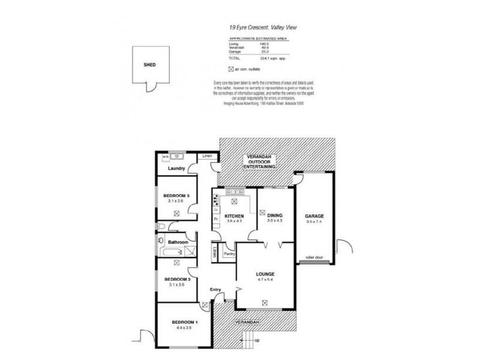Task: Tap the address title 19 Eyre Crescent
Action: pyautogui.click(x=267, y=28)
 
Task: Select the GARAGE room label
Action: pyautogui.click(x=314, y=216)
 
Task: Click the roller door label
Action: pyautogui.click(x=314, y=257)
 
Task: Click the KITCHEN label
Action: pyautogui.click(x=234, y=216)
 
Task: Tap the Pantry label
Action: pyautogui.click(x=229, y=254)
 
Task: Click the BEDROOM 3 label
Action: pyautogui.click(x=176, y=195)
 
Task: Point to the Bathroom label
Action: pyautogui.click(x=178, y=242)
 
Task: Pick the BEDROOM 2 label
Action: pyautogui.click(x=176, y=280)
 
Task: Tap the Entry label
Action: pyautogui.click(x=215, y=290)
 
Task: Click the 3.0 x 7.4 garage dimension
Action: pyautogui.click(x=314, y=222)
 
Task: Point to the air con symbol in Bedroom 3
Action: pyautogui.click(x=176, y=213)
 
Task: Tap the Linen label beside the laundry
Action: pyautogui.click(x=207, y=157)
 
